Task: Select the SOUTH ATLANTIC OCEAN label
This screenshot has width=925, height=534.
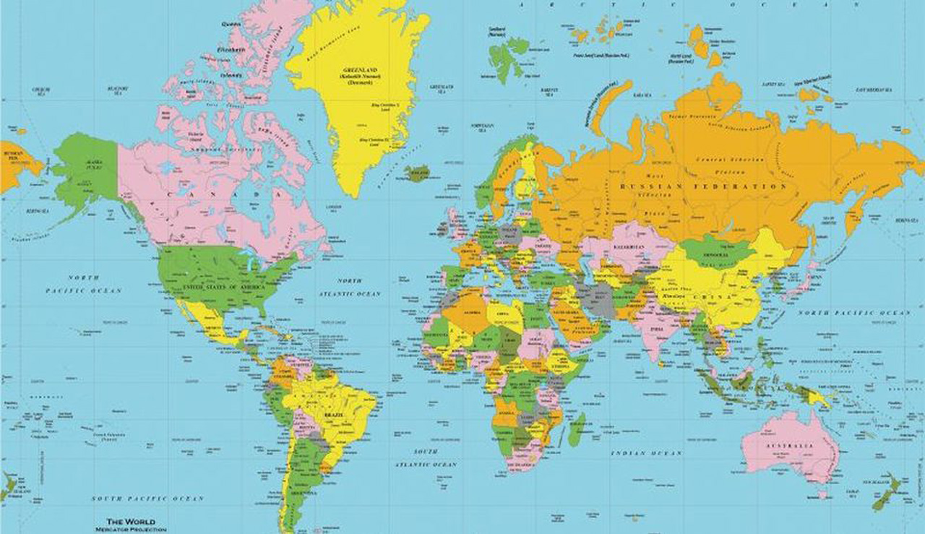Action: pyautogui.click(x=426, y=457)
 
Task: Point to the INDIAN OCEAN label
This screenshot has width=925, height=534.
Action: pyautogui.click(x=646, y=453)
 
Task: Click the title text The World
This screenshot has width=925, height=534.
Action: pyautogui.click(x=130, y=521)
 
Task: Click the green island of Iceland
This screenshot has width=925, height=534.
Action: pyautogui.click(x=417, y=173)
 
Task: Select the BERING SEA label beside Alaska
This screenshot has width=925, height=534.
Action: pyautogui.click(x=37, y=211)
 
